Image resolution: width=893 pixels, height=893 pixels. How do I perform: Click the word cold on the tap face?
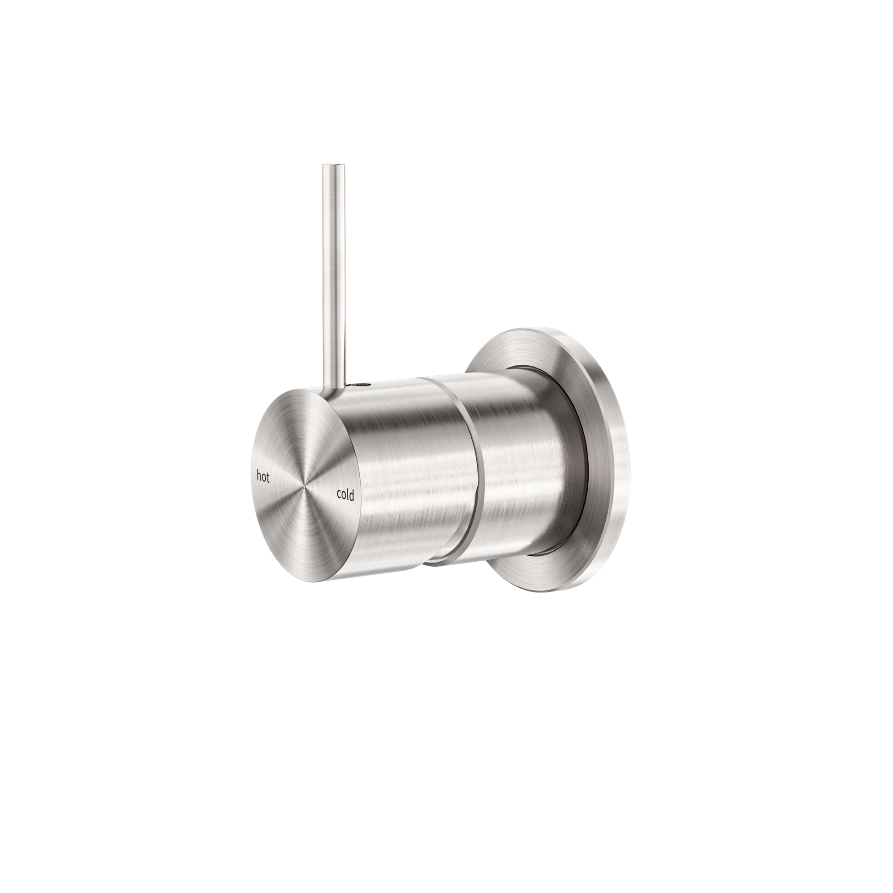pos(345,495)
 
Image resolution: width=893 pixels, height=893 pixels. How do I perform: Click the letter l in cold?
pos(348,495)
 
